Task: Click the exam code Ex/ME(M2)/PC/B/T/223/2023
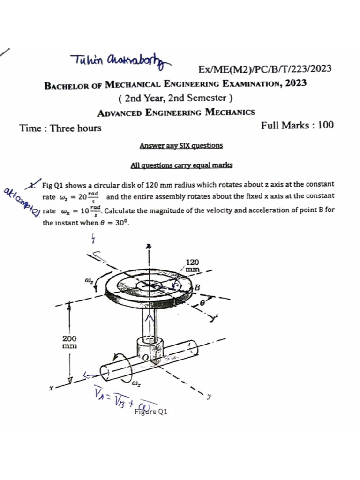[265, 69]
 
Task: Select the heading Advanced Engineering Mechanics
[176, 112]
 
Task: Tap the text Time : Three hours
[60, 127]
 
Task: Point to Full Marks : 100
[297, 125]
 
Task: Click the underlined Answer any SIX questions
[181, 145]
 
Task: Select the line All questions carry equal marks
[181, 165]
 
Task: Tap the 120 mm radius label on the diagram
[193, 266]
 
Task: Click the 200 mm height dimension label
[70, 342]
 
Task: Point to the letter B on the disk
[197, 287]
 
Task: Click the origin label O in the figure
[145, 358]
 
